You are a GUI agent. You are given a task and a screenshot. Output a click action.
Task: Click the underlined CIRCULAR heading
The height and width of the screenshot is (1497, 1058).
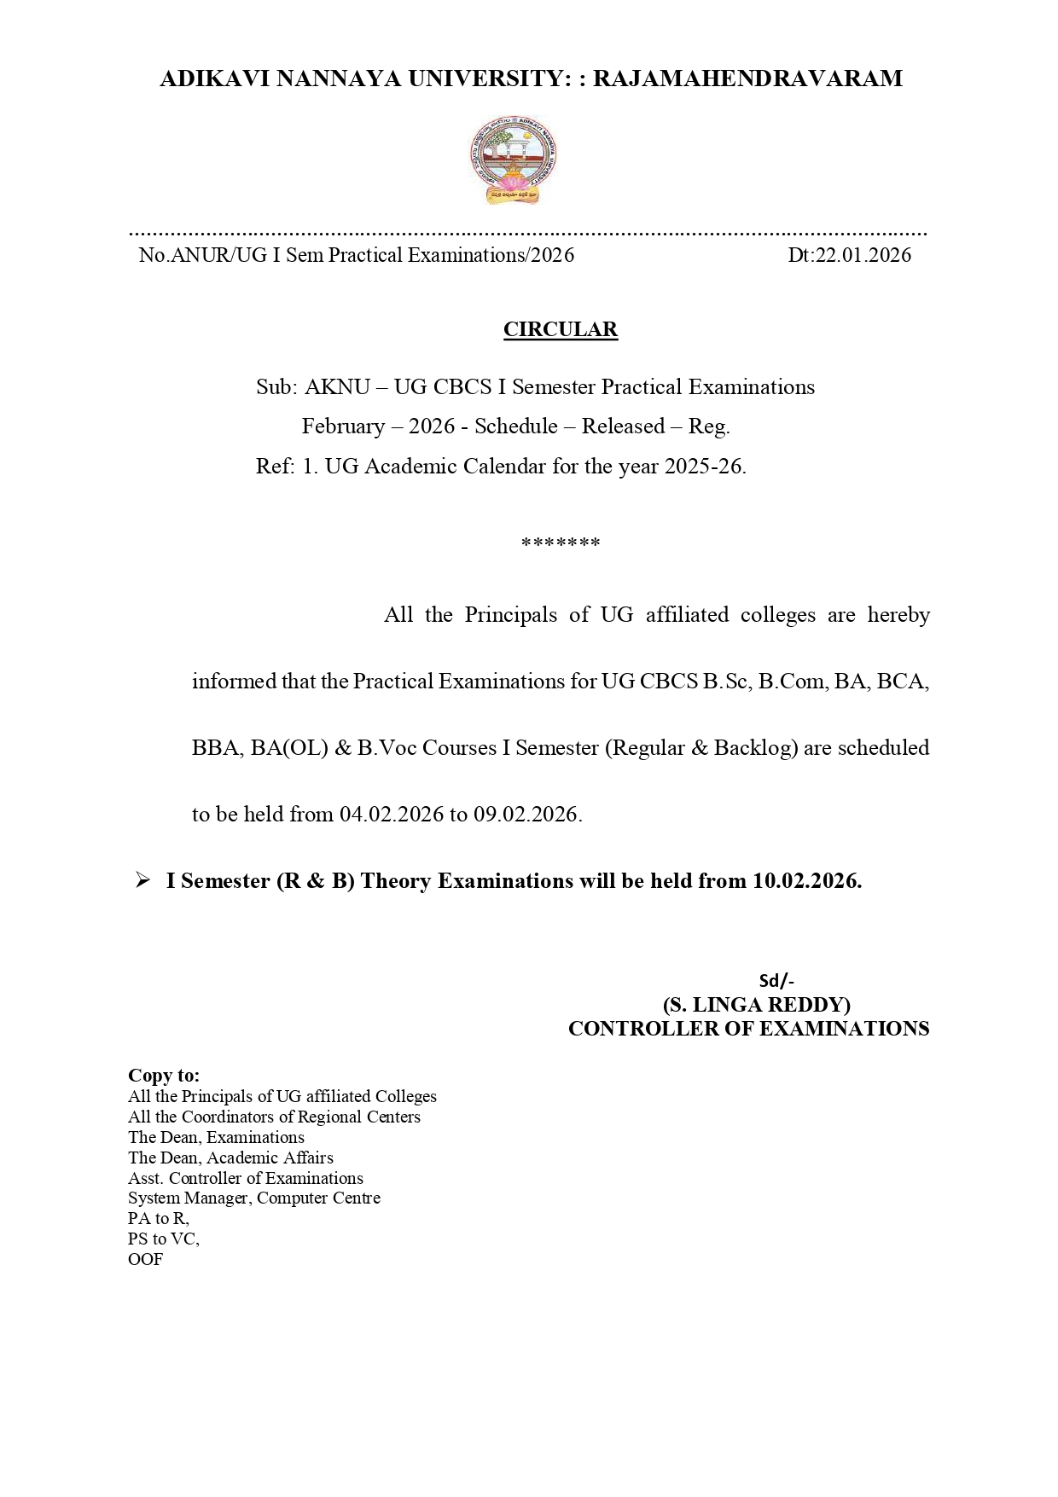click(x=560, y=329)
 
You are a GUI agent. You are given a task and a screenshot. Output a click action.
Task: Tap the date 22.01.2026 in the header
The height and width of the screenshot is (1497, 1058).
click(x=863, y=255)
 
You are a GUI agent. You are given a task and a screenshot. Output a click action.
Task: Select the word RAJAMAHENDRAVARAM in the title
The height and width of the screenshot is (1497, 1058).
click(x=747, y=78)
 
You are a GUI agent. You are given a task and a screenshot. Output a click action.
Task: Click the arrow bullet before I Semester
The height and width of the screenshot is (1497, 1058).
click(x=142, y=880)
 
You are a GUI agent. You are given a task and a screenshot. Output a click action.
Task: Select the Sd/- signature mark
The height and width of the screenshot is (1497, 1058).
click(x=776, y=980)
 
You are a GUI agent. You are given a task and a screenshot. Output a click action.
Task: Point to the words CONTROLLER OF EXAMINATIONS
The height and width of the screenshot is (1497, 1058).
click(x=748, y=1029)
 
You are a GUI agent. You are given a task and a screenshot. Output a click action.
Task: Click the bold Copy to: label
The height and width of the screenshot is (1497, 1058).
click(x=164, y=1076)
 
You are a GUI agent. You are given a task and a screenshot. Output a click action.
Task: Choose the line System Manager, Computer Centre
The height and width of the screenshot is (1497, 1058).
click(x=254, y=1198)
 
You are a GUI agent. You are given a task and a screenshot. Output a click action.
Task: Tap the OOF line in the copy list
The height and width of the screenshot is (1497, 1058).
click(x=145, y=1259)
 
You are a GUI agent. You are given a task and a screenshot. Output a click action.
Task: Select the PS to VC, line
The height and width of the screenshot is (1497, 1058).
click(x=164, y=1239)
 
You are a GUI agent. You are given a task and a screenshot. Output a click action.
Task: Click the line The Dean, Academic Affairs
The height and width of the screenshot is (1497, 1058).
click(x=230, y=1158)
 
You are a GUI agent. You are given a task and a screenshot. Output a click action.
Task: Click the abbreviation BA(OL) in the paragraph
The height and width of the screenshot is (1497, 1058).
click(x=289, y=747)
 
